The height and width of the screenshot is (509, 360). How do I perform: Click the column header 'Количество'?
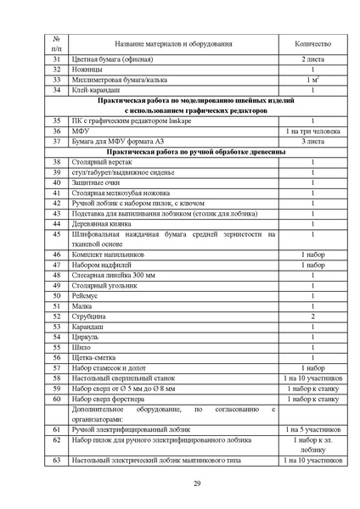click(312, 43)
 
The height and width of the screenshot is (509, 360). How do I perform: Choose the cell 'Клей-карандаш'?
click(96, 90)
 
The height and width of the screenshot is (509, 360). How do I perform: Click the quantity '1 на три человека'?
click(312, 131)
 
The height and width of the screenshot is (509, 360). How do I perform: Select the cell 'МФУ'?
click(81, 131)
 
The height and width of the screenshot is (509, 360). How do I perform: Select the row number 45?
click(56, 233)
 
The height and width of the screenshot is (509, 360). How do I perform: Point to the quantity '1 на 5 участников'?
click(312, 429)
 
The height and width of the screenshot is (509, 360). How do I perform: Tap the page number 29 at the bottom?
click(196, 483)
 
